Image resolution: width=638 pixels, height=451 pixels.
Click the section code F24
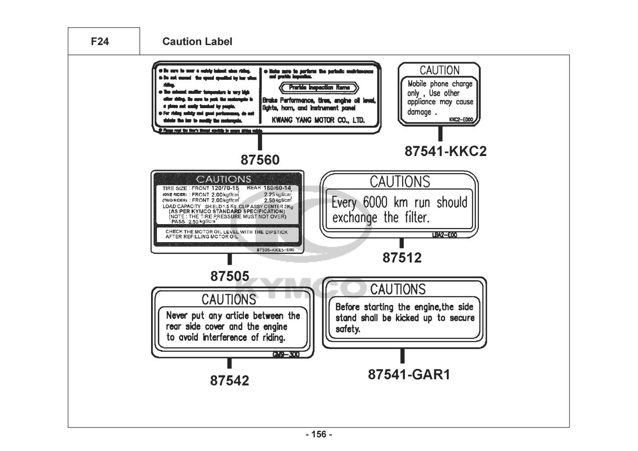pos(100,42)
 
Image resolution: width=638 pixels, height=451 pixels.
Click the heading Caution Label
pos(197,42)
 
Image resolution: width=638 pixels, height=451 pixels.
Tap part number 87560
pos(260,160)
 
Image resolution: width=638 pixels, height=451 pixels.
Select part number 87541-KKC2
pos(445,151)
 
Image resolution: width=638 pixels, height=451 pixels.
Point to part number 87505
pos(229,276)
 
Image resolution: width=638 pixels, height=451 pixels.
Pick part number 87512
pos(402,258)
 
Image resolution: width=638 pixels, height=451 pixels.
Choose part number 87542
pos(229,381)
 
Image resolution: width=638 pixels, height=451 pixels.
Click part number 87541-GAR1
pos(409,374)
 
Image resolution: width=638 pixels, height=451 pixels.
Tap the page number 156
pos(319,435)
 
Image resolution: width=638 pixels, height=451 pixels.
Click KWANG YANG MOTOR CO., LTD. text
pos(318,120)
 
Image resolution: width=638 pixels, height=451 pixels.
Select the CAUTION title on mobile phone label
pos(440,70)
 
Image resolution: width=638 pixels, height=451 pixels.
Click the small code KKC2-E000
pos(461,120)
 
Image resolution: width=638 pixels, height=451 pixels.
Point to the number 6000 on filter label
pos(376,202)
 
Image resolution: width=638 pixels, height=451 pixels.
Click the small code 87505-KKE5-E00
pos(275,250)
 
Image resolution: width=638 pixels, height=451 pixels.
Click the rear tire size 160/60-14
pos(277,188)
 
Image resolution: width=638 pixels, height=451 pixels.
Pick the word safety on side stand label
pos(348,329)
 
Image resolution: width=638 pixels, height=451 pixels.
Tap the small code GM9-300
pos(286,354)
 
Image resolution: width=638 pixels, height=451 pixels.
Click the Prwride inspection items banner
pos(319,87)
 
